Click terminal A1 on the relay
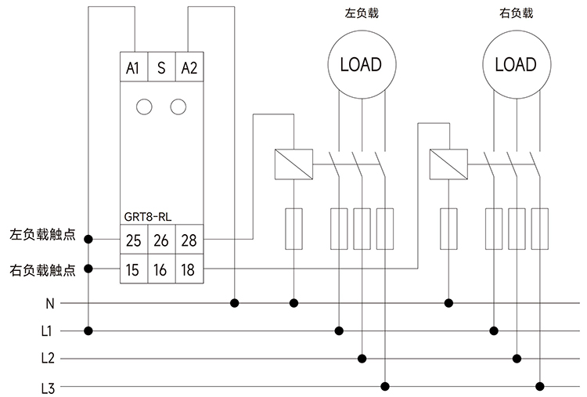(132, 68)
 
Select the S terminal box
(161, 68)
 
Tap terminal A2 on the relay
(189, 68)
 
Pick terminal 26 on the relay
(161, 240)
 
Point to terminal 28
(189, 240)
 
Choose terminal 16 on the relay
(161, 270)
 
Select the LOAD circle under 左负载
(361, 65)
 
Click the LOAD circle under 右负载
(516, 65)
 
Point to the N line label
(49, 303)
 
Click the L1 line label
(47, 331)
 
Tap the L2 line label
(47, 359)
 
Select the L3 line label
(47, 387)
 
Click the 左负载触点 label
(42, 234)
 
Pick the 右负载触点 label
(42, 270)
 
